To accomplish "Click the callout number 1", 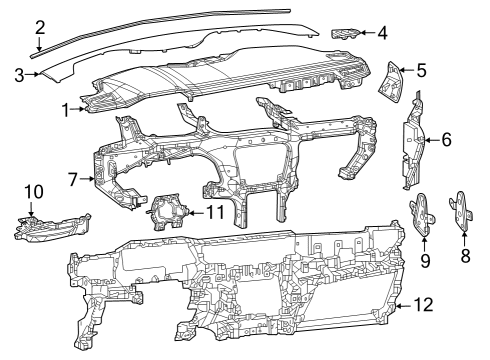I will coord(66,108).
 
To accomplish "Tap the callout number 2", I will coord(39,27).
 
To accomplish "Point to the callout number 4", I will coord(383,32).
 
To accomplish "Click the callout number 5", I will coord(422,71).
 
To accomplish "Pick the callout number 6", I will coord(446,140).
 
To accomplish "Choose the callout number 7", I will coord(72,179).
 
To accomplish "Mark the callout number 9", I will coord(424,261).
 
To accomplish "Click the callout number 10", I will coord(32,190).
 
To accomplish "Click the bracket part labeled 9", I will coord(421,212).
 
